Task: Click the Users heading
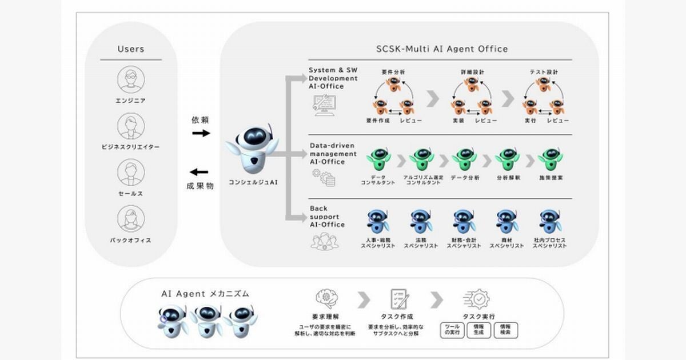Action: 131,49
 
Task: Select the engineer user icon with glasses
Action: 131,79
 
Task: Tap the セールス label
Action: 131,194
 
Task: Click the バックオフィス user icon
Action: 131,219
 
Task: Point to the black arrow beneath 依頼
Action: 201,133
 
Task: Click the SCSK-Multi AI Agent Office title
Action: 441,49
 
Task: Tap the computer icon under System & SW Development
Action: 325,105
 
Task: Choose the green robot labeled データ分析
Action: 464,159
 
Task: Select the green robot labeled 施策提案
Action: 550,159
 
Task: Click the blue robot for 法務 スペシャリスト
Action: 421,222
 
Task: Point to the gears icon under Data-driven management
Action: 324,178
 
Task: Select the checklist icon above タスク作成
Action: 398,299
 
